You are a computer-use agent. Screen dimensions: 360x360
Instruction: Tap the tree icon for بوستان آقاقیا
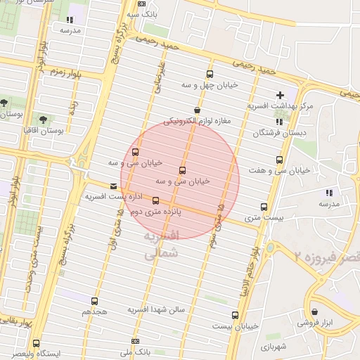point(44,120)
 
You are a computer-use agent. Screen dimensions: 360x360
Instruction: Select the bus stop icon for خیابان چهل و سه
point(210,74)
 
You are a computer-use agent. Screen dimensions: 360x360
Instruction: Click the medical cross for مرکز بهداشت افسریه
point(281,95)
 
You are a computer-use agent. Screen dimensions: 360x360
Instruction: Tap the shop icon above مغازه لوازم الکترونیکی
point(196,110)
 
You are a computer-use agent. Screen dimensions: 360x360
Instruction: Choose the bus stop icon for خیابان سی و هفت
point(281,160)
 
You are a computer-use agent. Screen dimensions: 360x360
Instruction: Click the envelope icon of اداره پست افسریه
point(114,186)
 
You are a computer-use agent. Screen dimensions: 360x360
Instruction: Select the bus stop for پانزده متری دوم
point(155,200)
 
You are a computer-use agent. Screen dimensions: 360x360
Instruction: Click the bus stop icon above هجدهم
point(94,301)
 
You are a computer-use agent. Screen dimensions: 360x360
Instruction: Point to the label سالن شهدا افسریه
point(155,309)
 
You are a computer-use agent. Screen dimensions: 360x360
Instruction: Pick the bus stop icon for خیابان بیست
point(235,315)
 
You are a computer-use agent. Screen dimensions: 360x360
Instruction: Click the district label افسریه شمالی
point(162,244)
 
